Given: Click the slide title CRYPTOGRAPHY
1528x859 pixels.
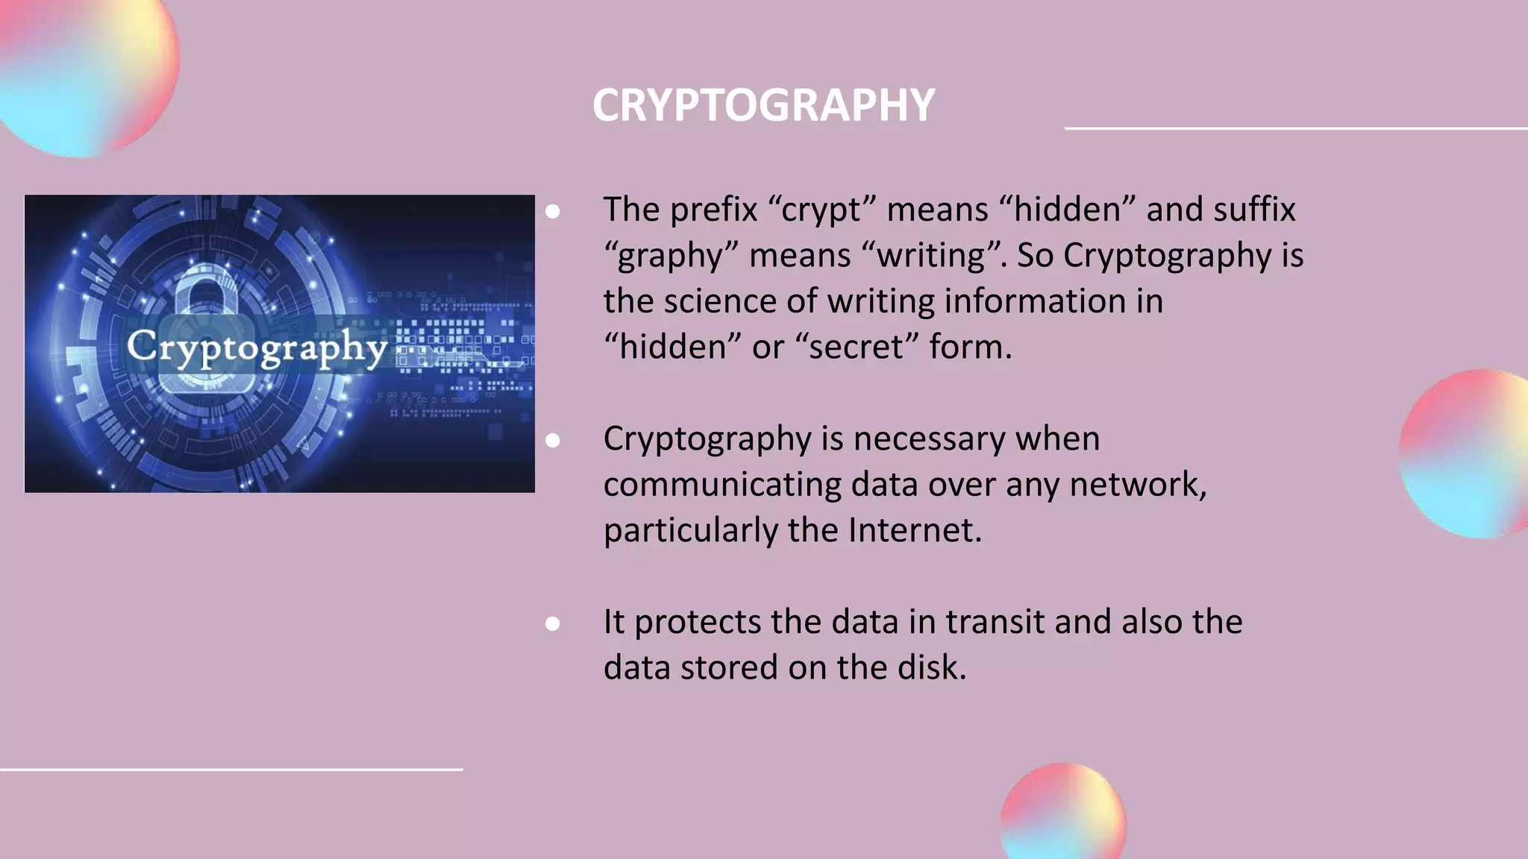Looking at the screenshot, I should click(763, 105).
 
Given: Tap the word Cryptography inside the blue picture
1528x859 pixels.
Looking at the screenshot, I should click(257, 347).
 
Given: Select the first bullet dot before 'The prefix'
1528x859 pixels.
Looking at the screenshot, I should click(553, 212).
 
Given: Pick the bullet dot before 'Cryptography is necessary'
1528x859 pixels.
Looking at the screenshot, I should click(553, 441).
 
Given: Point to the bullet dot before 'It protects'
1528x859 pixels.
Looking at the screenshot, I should click(553, 623).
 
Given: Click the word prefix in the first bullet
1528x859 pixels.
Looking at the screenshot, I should click(713, 210).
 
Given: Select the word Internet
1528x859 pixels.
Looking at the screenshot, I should click(913, 530).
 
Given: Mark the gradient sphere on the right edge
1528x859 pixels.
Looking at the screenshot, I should click(1464, 455).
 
